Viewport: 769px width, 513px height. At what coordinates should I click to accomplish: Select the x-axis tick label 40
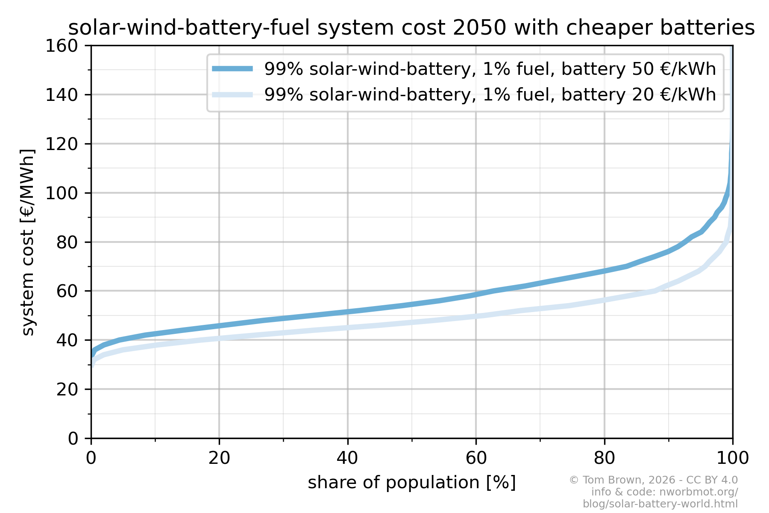(347, 458)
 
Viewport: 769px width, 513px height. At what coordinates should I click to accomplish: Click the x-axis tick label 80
(604, 458)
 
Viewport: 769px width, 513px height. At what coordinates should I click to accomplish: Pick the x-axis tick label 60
(476, 458)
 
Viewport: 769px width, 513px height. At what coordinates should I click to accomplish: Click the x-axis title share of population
(411, 483)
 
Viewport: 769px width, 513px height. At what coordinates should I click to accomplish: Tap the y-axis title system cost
(28, 242)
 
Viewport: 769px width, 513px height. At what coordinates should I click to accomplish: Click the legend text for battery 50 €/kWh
(490, 69)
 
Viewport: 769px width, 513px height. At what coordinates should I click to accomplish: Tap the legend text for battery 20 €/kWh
(490, 94)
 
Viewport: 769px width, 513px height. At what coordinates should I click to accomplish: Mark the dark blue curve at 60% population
(476, 295)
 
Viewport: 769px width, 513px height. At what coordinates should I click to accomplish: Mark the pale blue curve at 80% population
(604, 300)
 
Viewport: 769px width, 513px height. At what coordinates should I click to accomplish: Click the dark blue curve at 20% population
(219, 326)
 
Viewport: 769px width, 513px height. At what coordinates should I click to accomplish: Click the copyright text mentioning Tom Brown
(653, 480)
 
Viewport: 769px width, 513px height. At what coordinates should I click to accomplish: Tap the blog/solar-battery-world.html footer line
(660, 504)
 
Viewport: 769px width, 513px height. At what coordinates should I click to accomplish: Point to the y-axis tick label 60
(67, 291)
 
